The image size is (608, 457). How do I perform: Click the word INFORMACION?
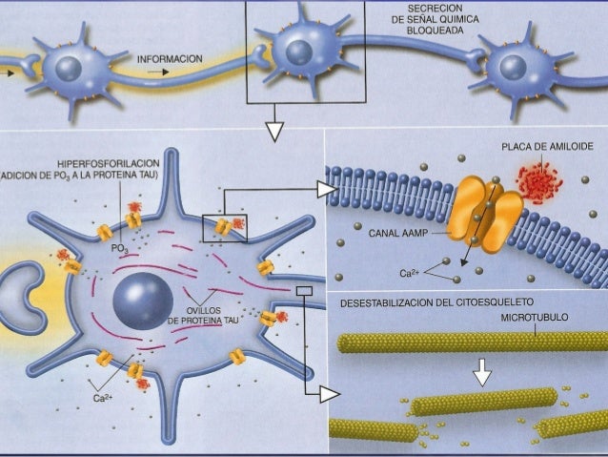(170, 59)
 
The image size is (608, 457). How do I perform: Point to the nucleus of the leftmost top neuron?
(68, 66)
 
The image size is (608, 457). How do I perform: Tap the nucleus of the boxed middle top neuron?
(300, 51)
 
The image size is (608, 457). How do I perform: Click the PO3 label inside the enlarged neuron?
(119, 248)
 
